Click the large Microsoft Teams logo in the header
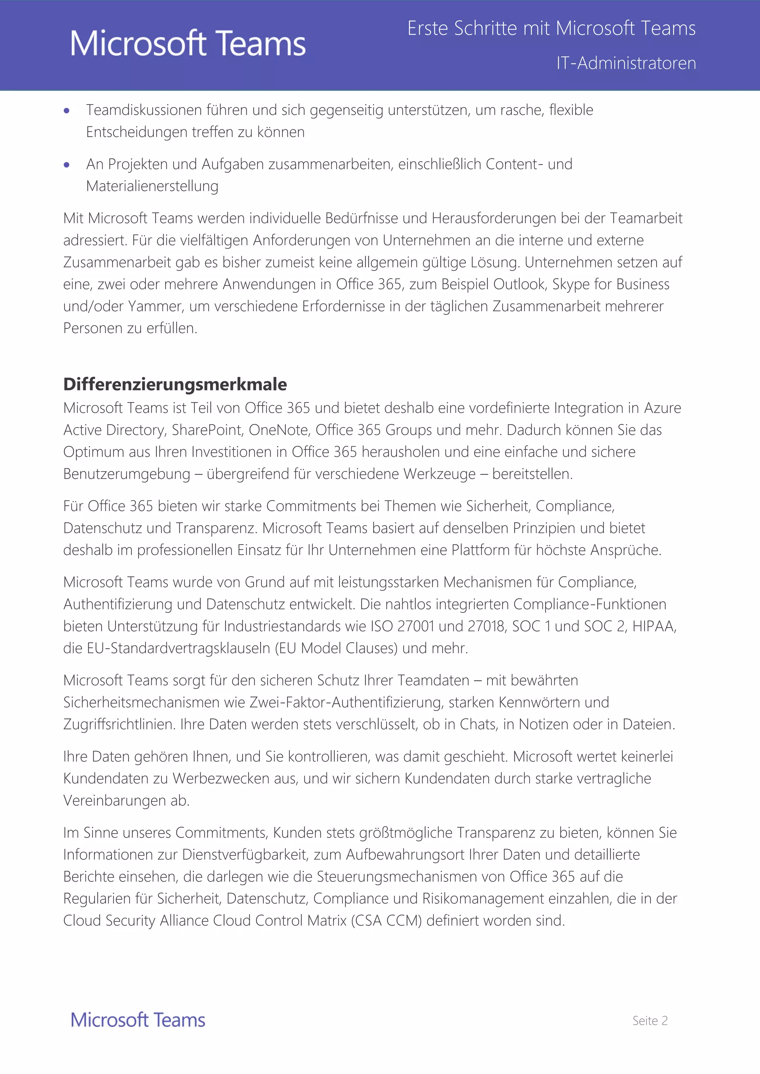click(x=188, y=43)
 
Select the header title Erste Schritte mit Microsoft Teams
click(x=551, y=29)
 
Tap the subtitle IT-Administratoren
click(x=626, y=63)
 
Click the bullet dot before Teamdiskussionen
click(x=66, y=111)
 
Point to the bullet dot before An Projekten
click(x=66, y=165)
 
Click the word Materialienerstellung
click(x=152, y=186)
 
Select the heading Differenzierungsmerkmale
click(x=175, y=384)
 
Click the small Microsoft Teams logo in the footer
click(x=138, y=1020)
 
